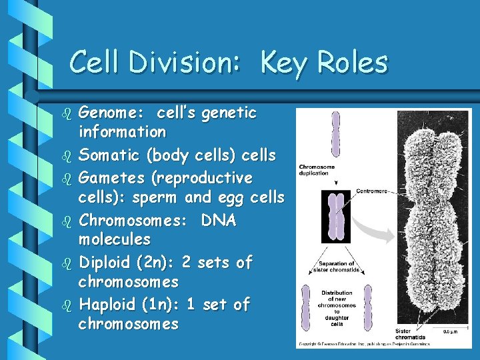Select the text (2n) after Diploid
pos(155,263)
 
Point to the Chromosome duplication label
pos(317,170)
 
